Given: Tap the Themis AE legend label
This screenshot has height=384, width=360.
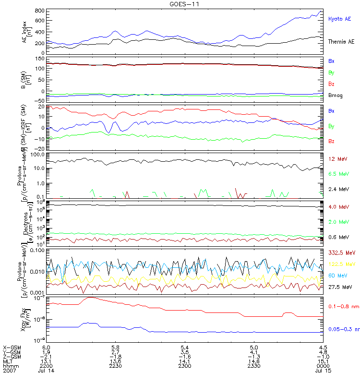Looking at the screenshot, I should click(x=341, y=42).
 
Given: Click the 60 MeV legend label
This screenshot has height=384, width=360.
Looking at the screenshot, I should click(x=336, y=275).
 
